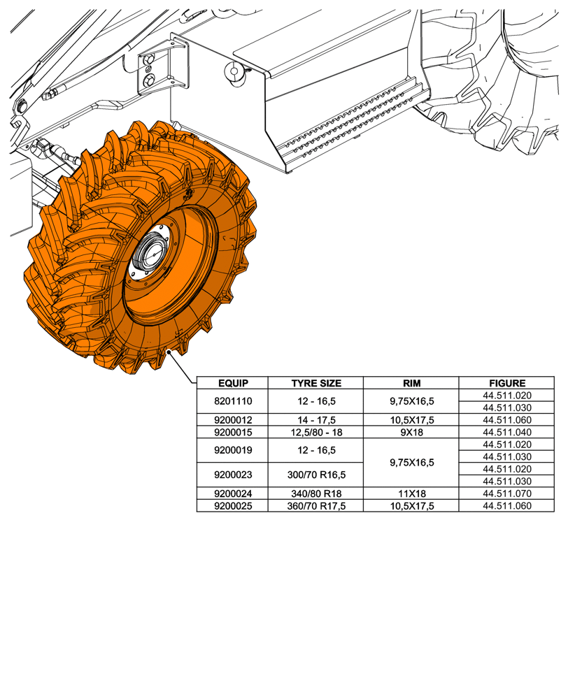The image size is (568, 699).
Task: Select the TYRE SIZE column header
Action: click(315, 383)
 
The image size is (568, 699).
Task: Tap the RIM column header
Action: click(411, 383)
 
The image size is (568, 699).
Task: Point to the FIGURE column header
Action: click(507, 383)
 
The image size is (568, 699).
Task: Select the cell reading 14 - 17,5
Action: click(315, 420)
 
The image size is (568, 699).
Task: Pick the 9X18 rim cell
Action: click(411, 432)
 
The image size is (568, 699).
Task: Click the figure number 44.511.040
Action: click(507, 432)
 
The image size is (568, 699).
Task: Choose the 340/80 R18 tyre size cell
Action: click(315, 493)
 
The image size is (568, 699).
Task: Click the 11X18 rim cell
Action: click(411, 493)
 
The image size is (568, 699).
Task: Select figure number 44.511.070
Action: click(507, 493)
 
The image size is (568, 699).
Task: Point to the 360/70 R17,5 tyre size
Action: click(315, 505)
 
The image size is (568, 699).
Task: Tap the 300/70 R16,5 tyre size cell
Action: click(315, 475)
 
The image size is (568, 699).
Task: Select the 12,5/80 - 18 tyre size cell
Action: click(315, 432)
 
